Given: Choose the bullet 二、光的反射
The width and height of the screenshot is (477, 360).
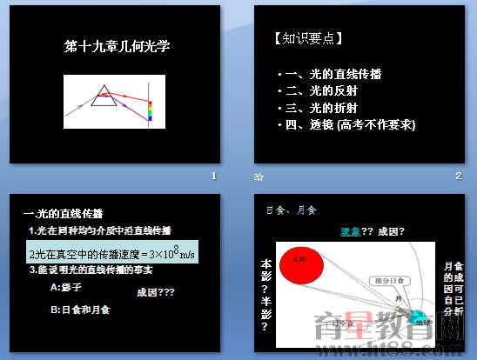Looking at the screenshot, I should [x=325, y=90].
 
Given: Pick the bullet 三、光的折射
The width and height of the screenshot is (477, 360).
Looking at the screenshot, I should [x=325, y=108].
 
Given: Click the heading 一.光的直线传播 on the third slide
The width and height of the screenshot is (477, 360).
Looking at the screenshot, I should [x=63, y=214].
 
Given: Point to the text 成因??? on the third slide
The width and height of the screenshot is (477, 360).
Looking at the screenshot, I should [x=156, y=294].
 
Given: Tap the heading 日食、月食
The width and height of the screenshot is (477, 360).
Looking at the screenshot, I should [x=291, y=210].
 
